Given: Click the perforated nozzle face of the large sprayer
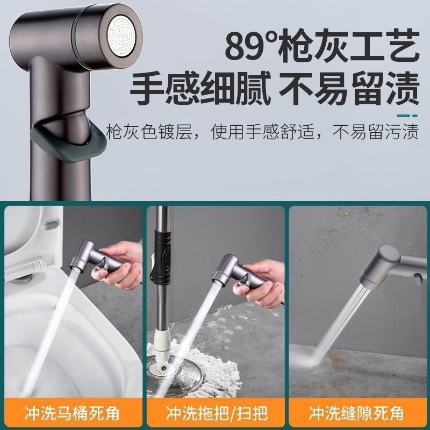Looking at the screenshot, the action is point(125,36).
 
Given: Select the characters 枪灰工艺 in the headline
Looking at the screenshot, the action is point(348,45).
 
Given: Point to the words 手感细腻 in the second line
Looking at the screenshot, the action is point(200,88).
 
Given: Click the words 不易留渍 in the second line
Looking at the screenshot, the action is point(349,88).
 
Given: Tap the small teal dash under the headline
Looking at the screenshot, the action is point(407,116).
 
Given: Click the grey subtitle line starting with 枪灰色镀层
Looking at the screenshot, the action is point(262,132).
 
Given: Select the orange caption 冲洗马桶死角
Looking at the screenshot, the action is point(72,413).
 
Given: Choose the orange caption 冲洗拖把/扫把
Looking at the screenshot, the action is point(217,413).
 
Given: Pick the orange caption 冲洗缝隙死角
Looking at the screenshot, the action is point(356,413).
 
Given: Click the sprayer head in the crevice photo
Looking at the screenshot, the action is point(389,266).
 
